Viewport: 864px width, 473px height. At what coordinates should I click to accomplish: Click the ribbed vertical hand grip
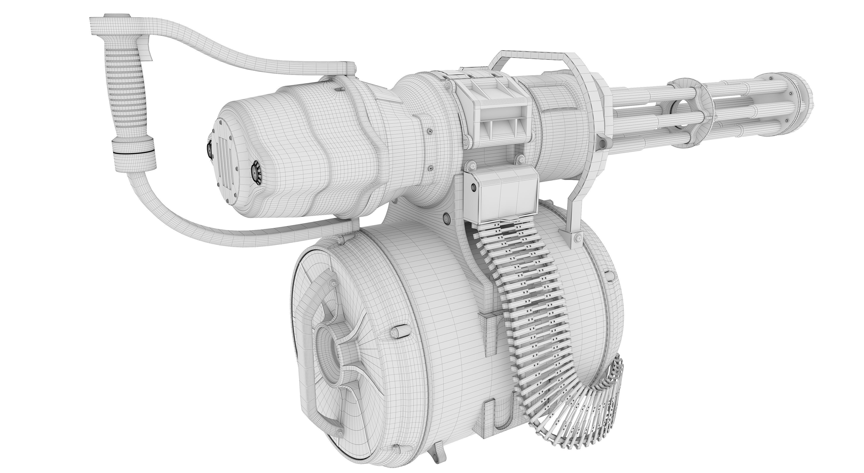coord(126,90)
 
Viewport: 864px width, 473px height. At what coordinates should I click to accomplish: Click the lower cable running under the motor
coord(235,231)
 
